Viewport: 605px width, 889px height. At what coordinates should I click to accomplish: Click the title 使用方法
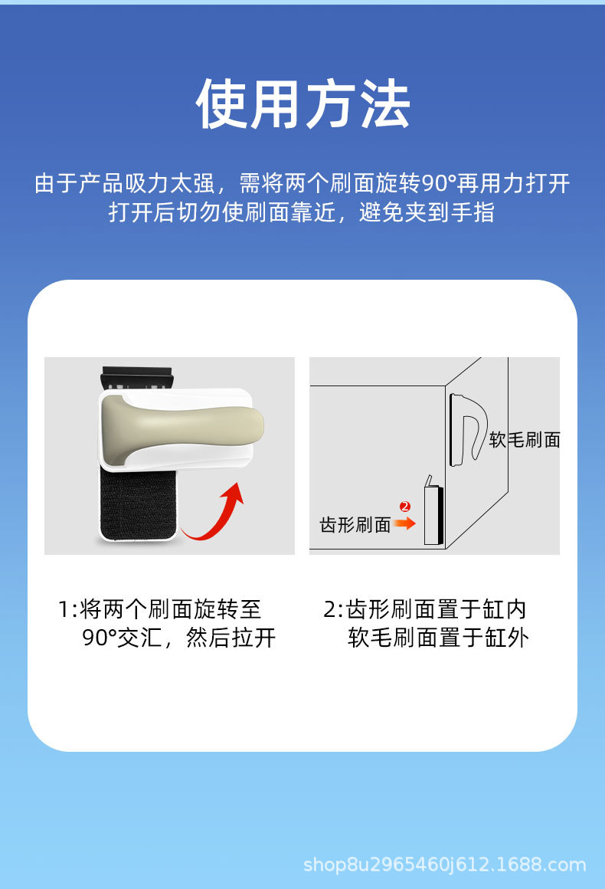[x=302, y=103]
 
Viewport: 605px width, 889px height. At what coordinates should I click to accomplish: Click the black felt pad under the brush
[x=139, y=504]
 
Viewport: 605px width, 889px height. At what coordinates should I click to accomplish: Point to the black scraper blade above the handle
[x=136, y=378]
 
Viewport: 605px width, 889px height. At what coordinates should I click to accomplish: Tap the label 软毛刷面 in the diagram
[x=525, y=440]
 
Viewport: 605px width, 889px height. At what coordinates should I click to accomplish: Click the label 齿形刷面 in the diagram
[x=355, y=525]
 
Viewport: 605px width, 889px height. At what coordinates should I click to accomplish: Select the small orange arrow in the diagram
[x=404, y=523]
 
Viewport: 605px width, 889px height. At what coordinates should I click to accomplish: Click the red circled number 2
[x=404, y=507]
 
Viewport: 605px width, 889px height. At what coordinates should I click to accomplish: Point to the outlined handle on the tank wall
[x=468, y=429]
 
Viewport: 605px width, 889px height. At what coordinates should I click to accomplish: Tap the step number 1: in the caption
[x=67, y=609]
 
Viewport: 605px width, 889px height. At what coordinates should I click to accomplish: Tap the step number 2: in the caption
[x=334, y=609]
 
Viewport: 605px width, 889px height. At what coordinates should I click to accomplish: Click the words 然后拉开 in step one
[x=231, y=638]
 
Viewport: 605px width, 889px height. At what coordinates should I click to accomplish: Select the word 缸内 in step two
[x=505, y=609]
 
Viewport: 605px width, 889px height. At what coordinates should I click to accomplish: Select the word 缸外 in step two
[x=506, y=638]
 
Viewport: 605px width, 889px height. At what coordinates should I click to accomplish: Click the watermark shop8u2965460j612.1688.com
[x=445, y=864]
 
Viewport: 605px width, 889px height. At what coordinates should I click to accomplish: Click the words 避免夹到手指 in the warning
[x=427, y=212]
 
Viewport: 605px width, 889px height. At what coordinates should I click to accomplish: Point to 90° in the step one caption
[x=99, y=638]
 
